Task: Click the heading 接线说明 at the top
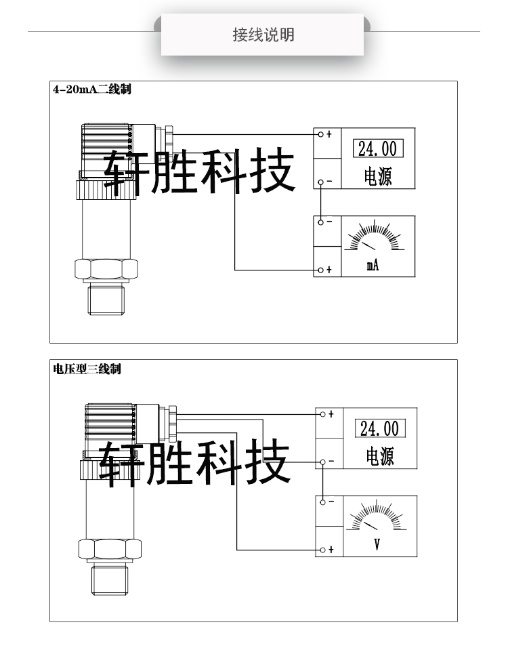pyautogui.click(x=263, y=35)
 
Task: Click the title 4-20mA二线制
pyautogui.click(x=91, y=89)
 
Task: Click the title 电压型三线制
pyautogui.click(x=87, y=369)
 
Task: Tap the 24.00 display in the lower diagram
pyautogui.click(x=379, y=428)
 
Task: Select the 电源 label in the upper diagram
pyautogui.click(x=378, y=177)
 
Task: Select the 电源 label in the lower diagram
pyautogui.click(x=380, y=456)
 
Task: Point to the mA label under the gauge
pyautogui.click(x=373, y=266)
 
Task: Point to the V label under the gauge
pyautogui.click(x=377, y=544)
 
